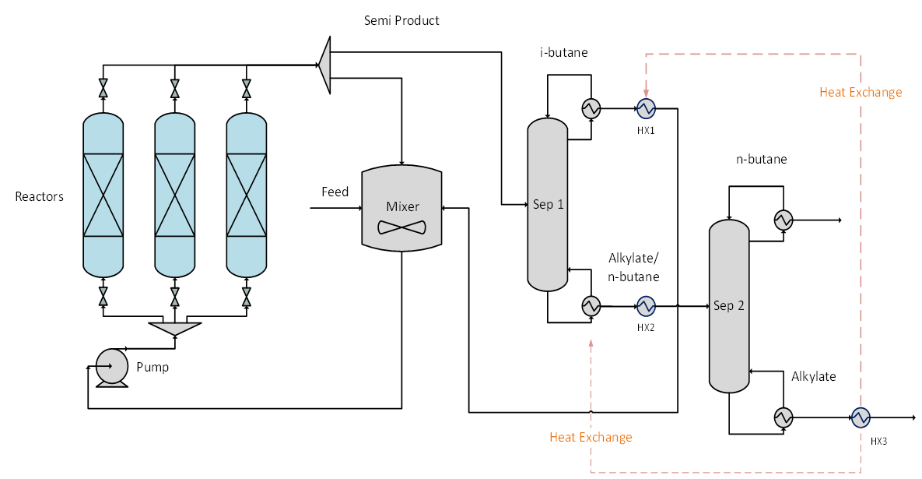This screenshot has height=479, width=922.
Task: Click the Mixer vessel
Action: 401,208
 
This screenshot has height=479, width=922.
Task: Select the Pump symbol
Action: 111,366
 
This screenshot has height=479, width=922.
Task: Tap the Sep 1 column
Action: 548,204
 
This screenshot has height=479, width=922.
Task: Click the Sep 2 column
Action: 729,305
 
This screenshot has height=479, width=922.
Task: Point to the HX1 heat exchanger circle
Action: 645,108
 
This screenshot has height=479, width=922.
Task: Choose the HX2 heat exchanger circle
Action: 645,305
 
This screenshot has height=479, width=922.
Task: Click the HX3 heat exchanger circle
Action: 860,417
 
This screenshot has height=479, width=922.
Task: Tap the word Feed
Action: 335,192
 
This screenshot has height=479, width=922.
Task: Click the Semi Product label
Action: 401,20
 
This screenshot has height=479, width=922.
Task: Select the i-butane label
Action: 564,53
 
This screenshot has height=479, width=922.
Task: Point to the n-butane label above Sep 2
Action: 761,160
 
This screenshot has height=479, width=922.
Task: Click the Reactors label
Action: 40,196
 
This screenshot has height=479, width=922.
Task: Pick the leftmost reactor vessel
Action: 103,194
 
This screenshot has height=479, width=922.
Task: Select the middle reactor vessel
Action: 175,194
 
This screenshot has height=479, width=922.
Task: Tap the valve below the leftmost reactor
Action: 103,297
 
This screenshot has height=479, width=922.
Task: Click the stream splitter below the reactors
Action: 175,328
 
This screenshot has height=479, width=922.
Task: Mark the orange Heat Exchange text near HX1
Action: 861,93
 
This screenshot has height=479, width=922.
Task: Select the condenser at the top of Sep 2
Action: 783,220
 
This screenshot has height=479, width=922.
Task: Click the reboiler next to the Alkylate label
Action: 783,417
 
